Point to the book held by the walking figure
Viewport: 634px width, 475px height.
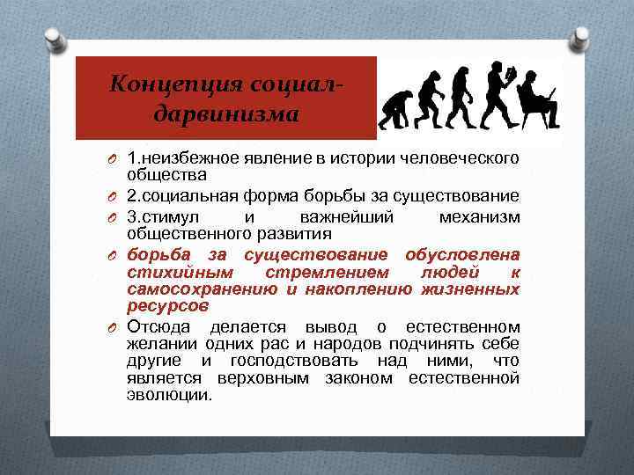(509, 77)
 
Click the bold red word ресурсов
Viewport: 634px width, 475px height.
(167, 306)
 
